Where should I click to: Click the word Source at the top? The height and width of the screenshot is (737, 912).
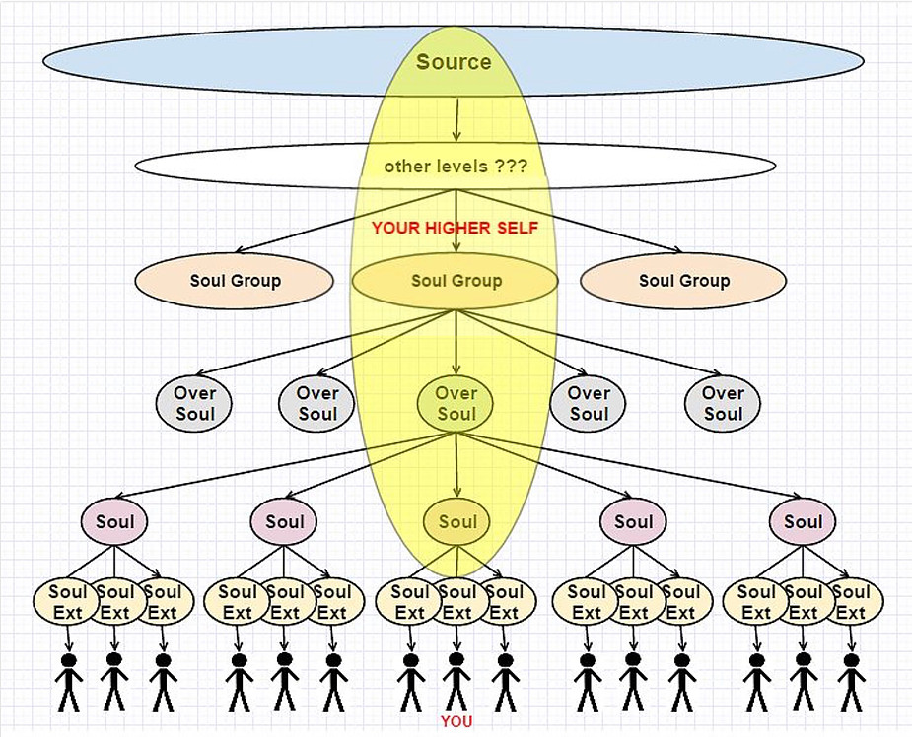tap(454, 62)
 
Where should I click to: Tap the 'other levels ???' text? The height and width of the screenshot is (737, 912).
tap(456, 167)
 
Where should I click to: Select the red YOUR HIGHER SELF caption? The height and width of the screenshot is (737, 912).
tap(455, 228)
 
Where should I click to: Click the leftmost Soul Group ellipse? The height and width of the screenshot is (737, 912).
tap(234, 280)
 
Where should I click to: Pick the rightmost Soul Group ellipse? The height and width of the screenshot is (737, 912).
tap(683, 280)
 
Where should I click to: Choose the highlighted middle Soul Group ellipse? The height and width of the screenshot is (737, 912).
tap(456, 280)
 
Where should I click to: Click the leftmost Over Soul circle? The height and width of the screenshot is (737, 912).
tap(193, 403)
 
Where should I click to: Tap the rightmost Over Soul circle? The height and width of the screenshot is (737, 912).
tap(723, 403)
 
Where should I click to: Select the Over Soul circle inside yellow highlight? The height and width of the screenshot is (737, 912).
tap(456, 403)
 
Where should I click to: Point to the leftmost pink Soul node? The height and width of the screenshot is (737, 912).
tap(114, 521)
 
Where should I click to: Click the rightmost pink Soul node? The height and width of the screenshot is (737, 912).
tap(803, 521)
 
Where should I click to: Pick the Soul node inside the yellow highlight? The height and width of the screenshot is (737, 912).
tap(456, 521)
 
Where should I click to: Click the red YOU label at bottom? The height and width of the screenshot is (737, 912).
tap(456, 722)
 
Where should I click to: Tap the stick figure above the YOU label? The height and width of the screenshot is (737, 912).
tap(456, 683)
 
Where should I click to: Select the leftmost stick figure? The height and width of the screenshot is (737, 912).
tap(69, 683)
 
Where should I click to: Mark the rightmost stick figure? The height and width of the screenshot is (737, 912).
tap(852, 683)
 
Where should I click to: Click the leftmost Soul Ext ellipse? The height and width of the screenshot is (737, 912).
tap(66, 602)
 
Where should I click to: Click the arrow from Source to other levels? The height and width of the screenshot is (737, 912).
tap(456, 120)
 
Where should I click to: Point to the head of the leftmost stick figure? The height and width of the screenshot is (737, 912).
tap(69, 661)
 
